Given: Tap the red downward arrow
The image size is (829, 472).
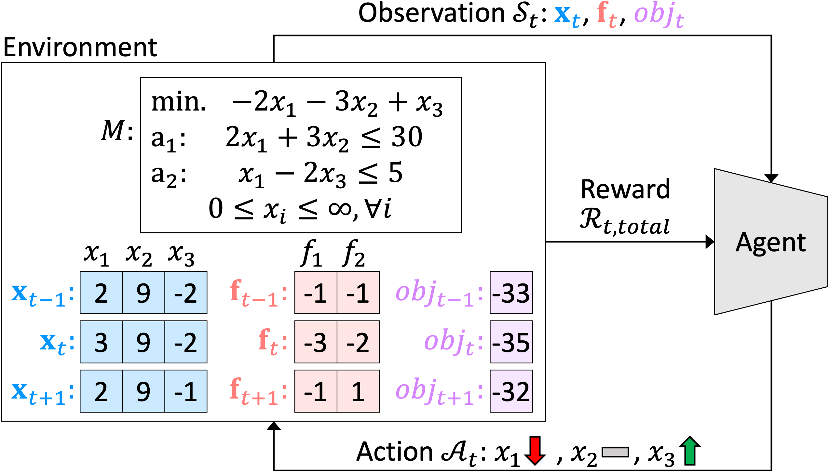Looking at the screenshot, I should pyautogui.click(x=535, y=450).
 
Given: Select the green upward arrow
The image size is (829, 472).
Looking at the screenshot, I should pyautogui.click(x=689, y=451).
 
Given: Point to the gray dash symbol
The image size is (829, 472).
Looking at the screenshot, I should pyautogui.click(x=615, y=452).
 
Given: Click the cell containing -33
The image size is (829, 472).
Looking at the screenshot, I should pyautogui.click(x=511, y=293).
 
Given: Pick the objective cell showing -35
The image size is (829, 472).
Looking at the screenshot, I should pyautogui.click(x=511, y=342).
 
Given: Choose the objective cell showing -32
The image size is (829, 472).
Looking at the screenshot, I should pyautogui.click(x=511, y=391).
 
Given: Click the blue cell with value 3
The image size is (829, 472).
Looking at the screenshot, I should pyautogui.click(x=101, y=342).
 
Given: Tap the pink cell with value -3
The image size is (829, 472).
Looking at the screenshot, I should pyautogui.click(x=316, y=342).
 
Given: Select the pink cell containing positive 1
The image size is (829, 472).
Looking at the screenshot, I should pyautogui.click(x=358, y=391).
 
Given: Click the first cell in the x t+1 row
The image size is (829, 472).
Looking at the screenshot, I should pyautogui.click(x=101, y=391).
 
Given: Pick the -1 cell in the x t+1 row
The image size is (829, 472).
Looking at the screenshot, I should pyautogui.click(x=185, y=391).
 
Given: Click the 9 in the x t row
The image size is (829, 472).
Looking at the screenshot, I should pyautogui.click(x=143, y=342).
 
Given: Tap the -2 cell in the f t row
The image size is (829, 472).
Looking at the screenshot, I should pyautogui.click(x=358, y=342).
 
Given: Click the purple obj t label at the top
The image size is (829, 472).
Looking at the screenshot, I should pyautogui.click(x=659, y=15).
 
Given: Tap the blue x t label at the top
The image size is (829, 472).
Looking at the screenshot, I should pyautogui.click(x=567, y=16).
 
